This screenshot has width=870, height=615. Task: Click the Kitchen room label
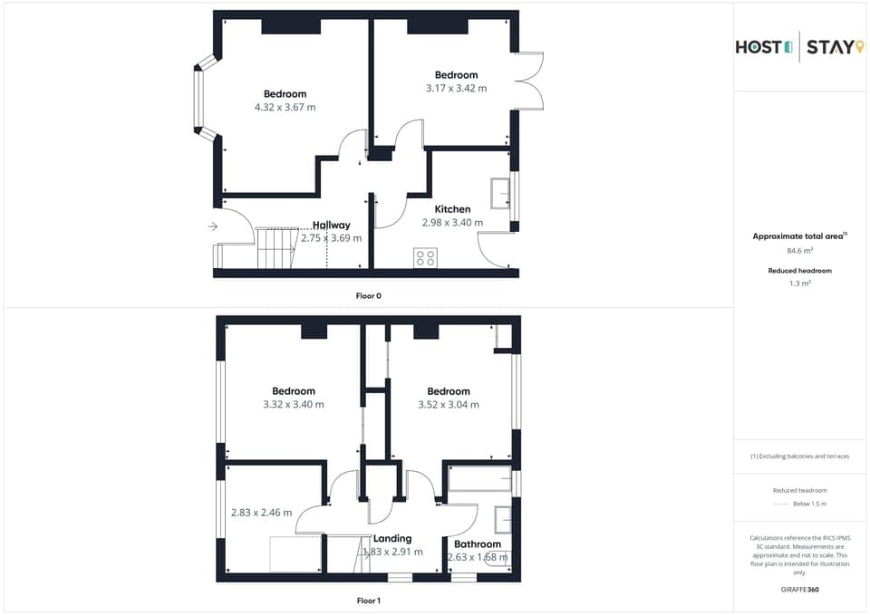[452, 209]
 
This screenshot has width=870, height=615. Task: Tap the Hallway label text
[331, 226]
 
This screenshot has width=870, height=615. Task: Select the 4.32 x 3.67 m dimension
[285, 107]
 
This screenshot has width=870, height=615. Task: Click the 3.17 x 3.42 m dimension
[456, 89]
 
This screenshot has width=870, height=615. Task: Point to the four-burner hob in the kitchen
[425, 257]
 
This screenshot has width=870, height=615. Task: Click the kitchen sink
[499, 193]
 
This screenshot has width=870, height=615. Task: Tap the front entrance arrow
[213, 226]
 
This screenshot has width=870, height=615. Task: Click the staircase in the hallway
[276, 247]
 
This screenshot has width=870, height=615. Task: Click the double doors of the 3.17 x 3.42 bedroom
[530, 82]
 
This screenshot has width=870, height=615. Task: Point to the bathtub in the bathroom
[479, 478]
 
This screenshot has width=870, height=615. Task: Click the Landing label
[392, 538]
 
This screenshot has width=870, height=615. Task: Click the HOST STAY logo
[799, 46]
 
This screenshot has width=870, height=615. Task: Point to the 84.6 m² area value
[798, 251]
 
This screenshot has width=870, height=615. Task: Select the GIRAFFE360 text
[799, 590]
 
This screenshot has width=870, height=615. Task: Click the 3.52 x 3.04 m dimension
[448, 405]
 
